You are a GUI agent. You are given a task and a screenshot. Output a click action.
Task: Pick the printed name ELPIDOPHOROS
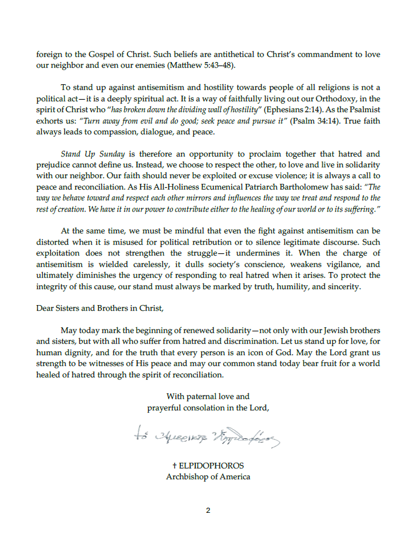click(211, 466)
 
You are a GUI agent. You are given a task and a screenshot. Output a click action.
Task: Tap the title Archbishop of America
click(208, 476)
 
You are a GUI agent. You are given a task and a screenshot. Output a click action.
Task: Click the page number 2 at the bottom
click(208, 510)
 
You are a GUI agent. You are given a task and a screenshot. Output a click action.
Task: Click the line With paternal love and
click(208, 396)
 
